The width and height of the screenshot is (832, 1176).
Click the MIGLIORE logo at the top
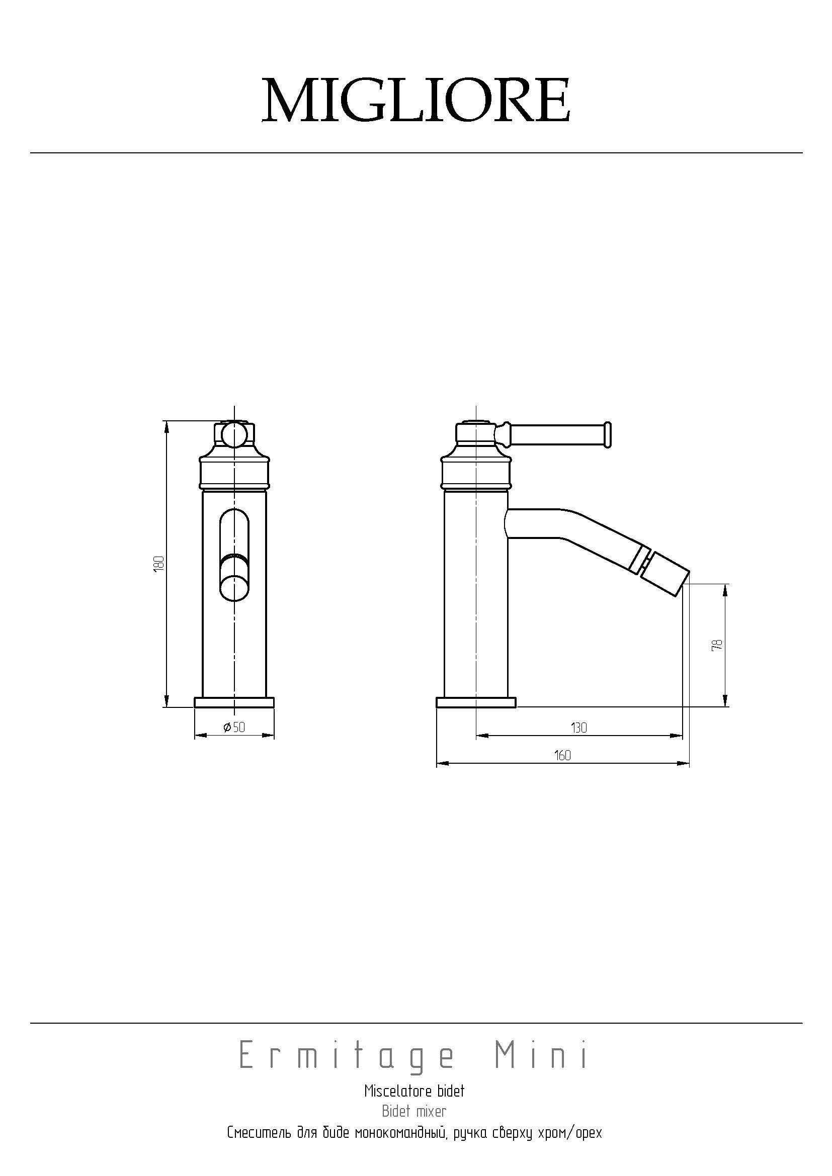[416, 101]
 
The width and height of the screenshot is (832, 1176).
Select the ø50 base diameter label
[234, 727]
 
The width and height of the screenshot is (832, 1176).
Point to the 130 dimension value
[578, 728]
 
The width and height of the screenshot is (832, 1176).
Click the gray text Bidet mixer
[414, 1112]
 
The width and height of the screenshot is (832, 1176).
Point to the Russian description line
[414, 1132]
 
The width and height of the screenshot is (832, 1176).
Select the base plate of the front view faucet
[234, 702]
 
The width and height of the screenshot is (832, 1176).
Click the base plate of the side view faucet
[476, 702]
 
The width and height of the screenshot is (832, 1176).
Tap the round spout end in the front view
[234, 586]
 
